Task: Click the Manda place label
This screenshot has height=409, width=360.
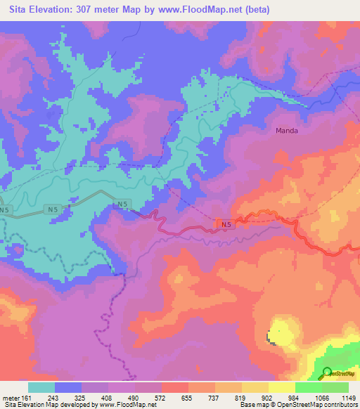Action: (287, 131)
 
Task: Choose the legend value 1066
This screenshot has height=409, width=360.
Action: (321, 397)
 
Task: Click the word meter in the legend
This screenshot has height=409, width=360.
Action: (11, 397)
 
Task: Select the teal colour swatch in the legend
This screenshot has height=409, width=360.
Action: (41, 387)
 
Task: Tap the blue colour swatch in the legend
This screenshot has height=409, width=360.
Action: (68, 387)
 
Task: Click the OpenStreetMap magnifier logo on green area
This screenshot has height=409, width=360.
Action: (327, 372)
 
